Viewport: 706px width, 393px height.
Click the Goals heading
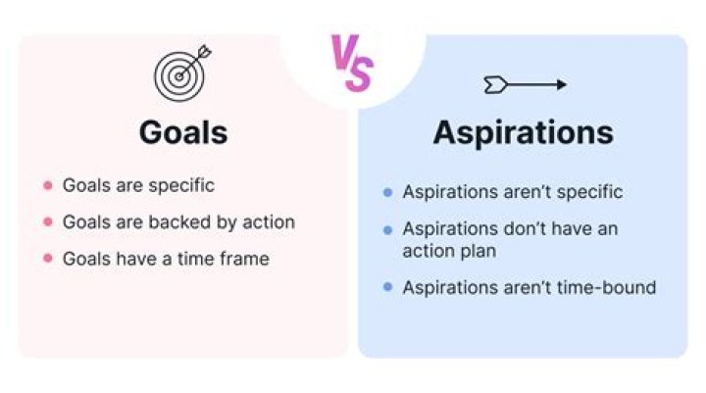183,131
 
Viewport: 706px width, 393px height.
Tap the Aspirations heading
524,133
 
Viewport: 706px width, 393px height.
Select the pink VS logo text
351,64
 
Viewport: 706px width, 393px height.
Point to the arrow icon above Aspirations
525,85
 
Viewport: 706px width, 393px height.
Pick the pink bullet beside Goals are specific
47,185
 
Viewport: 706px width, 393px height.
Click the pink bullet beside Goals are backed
47,222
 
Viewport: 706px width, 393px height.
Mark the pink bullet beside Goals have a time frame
47,259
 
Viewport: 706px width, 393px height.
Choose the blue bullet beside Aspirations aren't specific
387,193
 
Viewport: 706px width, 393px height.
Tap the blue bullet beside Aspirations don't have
387,229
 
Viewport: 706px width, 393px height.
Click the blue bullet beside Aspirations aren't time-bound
387,288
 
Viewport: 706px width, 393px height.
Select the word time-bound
607,288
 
